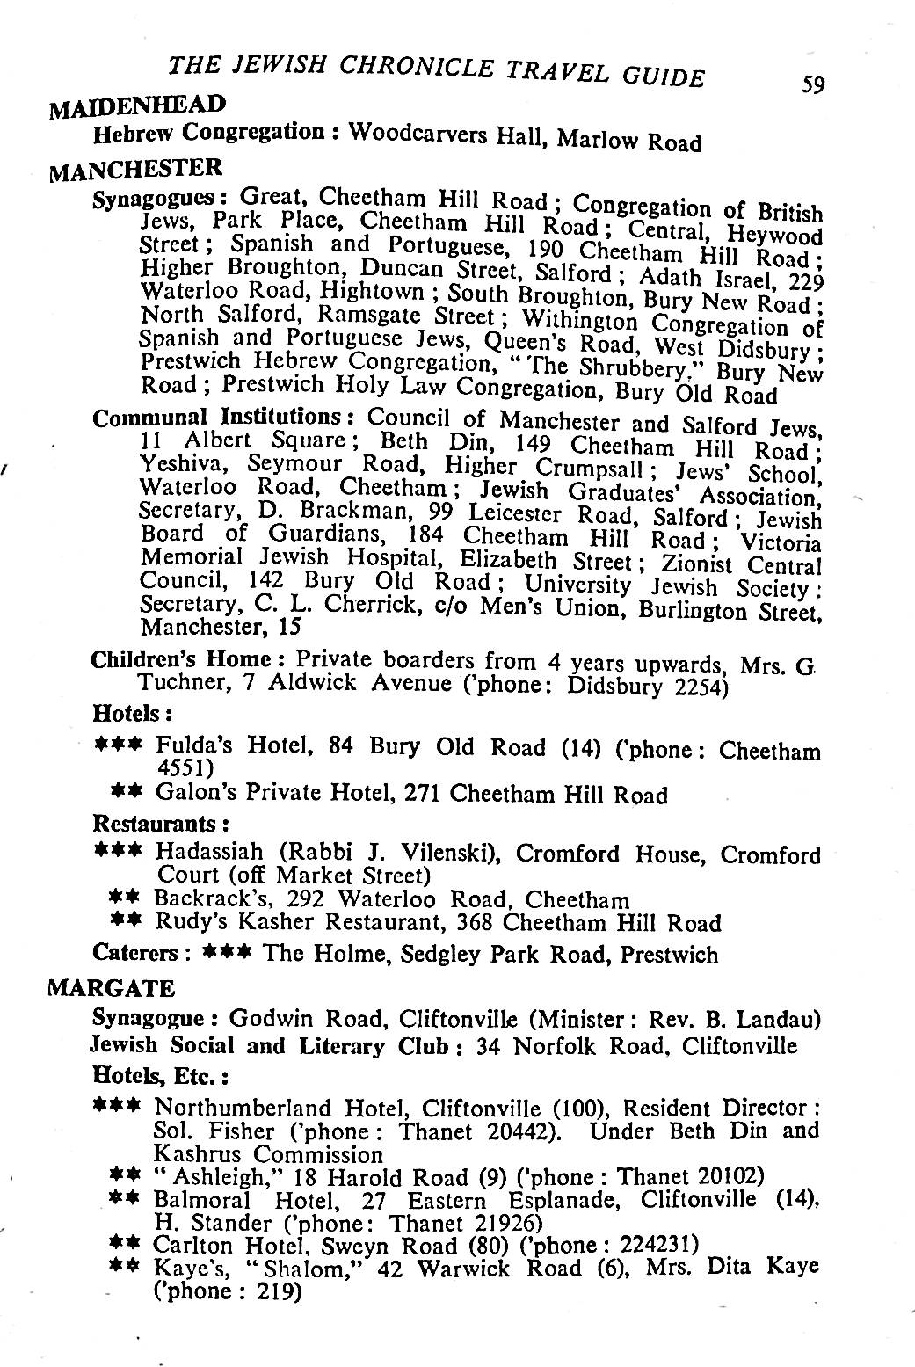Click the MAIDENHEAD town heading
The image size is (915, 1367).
(138, 108)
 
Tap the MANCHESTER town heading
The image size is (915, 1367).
(135, 167)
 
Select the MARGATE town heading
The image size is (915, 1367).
(111, 988)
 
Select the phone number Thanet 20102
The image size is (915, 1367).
(690, 1176)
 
